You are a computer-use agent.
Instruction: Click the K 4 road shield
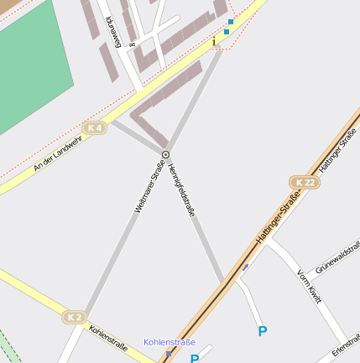point(95,127)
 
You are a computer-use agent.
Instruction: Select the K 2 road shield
point(75,317)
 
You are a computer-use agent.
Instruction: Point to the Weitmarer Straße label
point(148,191)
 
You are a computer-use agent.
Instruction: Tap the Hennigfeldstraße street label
point(181,191)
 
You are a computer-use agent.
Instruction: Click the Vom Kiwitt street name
point(309,286)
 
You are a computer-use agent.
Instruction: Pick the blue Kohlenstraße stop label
point(170,342)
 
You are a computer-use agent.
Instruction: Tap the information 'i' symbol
point(214,40)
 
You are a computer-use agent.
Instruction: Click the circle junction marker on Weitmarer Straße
point(165,154)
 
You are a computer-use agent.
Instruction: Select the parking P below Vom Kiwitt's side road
point(263,332)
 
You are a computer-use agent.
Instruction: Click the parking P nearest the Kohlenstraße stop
point(195,359)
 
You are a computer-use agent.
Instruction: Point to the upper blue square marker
point(231,22)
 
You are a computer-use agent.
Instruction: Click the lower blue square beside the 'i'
point(226,32)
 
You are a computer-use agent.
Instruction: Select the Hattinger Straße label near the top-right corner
point(339,149)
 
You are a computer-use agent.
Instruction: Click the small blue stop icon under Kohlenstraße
point(168,354)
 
